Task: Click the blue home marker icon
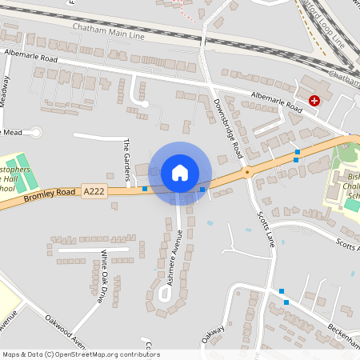(x=179, y=172)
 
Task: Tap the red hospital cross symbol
(x=314, y=101)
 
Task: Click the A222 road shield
(x=93, y=192)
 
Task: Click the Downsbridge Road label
(x=228, y=127)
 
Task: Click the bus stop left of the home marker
(x=144, y=190)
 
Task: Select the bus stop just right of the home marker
(x=202, y=190)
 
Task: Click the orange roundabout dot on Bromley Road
(x=247, y=171)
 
